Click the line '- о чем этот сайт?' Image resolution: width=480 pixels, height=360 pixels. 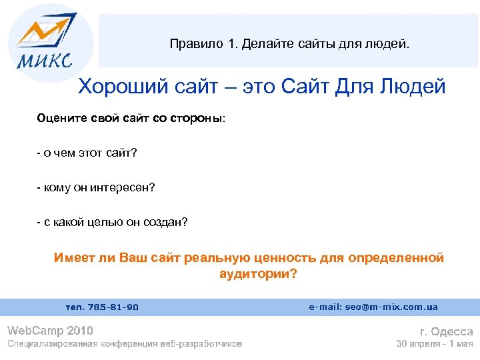click(87, 153)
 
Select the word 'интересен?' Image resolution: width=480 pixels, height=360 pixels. click(125, 188)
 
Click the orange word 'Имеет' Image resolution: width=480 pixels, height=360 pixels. click(71, 258)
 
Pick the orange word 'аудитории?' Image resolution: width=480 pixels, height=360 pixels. click(257, 274)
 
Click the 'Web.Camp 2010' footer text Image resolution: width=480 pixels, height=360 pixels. click(50, 330)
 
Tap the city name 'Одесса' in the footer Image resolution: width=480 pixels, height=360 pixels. click(452, 331)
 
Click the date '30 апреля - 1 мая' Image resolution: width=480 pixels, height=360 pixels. click(434, 344)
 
